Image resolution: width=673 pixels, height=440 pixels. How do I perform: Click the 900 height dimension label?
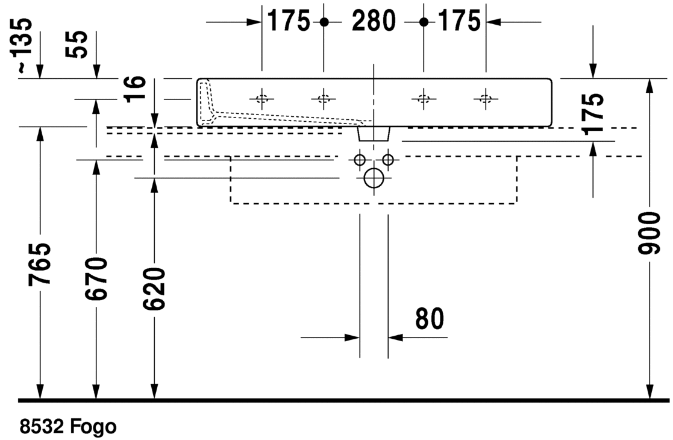(649, 233)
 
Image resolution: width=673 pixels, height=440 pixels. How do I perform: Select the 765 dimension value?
(40, 264)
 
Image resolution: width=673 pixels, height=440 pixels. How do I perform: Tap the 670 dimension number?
(96, 278)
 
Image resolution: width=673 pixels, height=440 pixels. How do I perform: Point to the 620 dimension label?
(154, 289)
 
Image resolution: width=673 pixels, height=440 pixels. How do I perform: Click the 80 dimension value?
(430, 318)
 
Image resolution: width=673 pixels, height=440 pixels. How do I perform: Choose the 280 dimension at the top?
(374, 20)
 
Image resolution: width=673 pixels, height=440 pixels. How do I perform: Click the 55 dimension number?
(77, 44)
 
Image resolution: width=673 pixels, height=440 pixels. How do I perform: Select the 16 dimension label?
(135, 89)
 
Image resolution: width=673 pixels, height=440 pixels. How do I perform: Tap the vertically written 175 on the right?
(593, 114)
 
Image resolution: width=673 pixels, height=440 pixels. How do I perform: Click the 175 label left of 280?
(289, 20)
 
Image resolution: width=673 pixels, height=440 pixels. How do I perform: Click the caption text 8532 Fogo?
(68, 427)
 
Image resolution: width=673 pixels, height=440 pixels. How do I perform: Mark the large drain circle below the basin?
(374, 178)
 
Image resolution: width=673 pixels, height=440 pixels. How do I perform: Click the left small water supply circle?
(360, 160)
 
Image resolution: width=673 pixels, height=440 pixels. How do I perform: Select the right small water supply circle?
(388, 160)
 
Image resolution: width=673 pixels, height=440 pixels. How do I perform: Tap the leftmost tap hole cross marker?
(262, 99)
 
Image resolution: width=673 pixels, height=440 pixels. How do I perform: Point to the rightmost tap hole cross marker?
(486, 99)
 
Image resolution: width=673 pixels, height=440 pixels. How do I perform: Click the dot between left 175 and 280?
(324, 22)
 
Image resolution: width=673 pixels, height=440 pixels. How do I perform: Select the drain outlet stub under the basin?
(374, 133)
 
